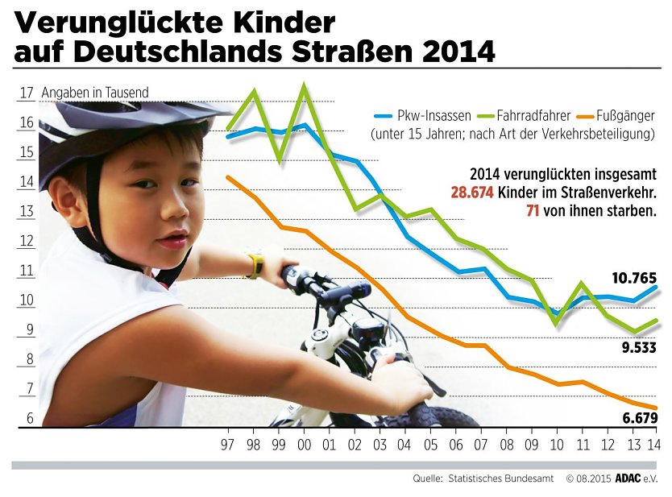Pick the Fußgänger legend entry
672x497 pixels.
point(624,115)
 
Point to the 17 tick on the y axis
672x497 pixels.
point(26,93)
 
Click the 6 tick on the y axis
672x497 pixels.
point(29,419)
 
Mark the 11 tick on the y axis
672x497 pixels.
point(26,271)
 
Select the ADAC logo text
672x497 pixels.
point(627,478)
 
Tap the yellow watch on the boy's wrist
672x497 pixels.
point(255,265)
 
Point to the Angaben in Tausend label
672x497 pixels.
point(95,93)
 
